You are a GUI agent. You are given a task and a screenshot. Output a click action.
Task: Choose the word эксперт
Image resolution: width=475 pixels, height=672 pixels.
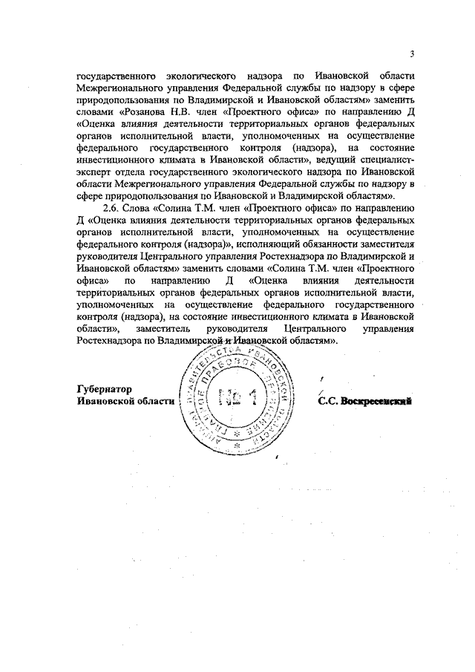(95, 171)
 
